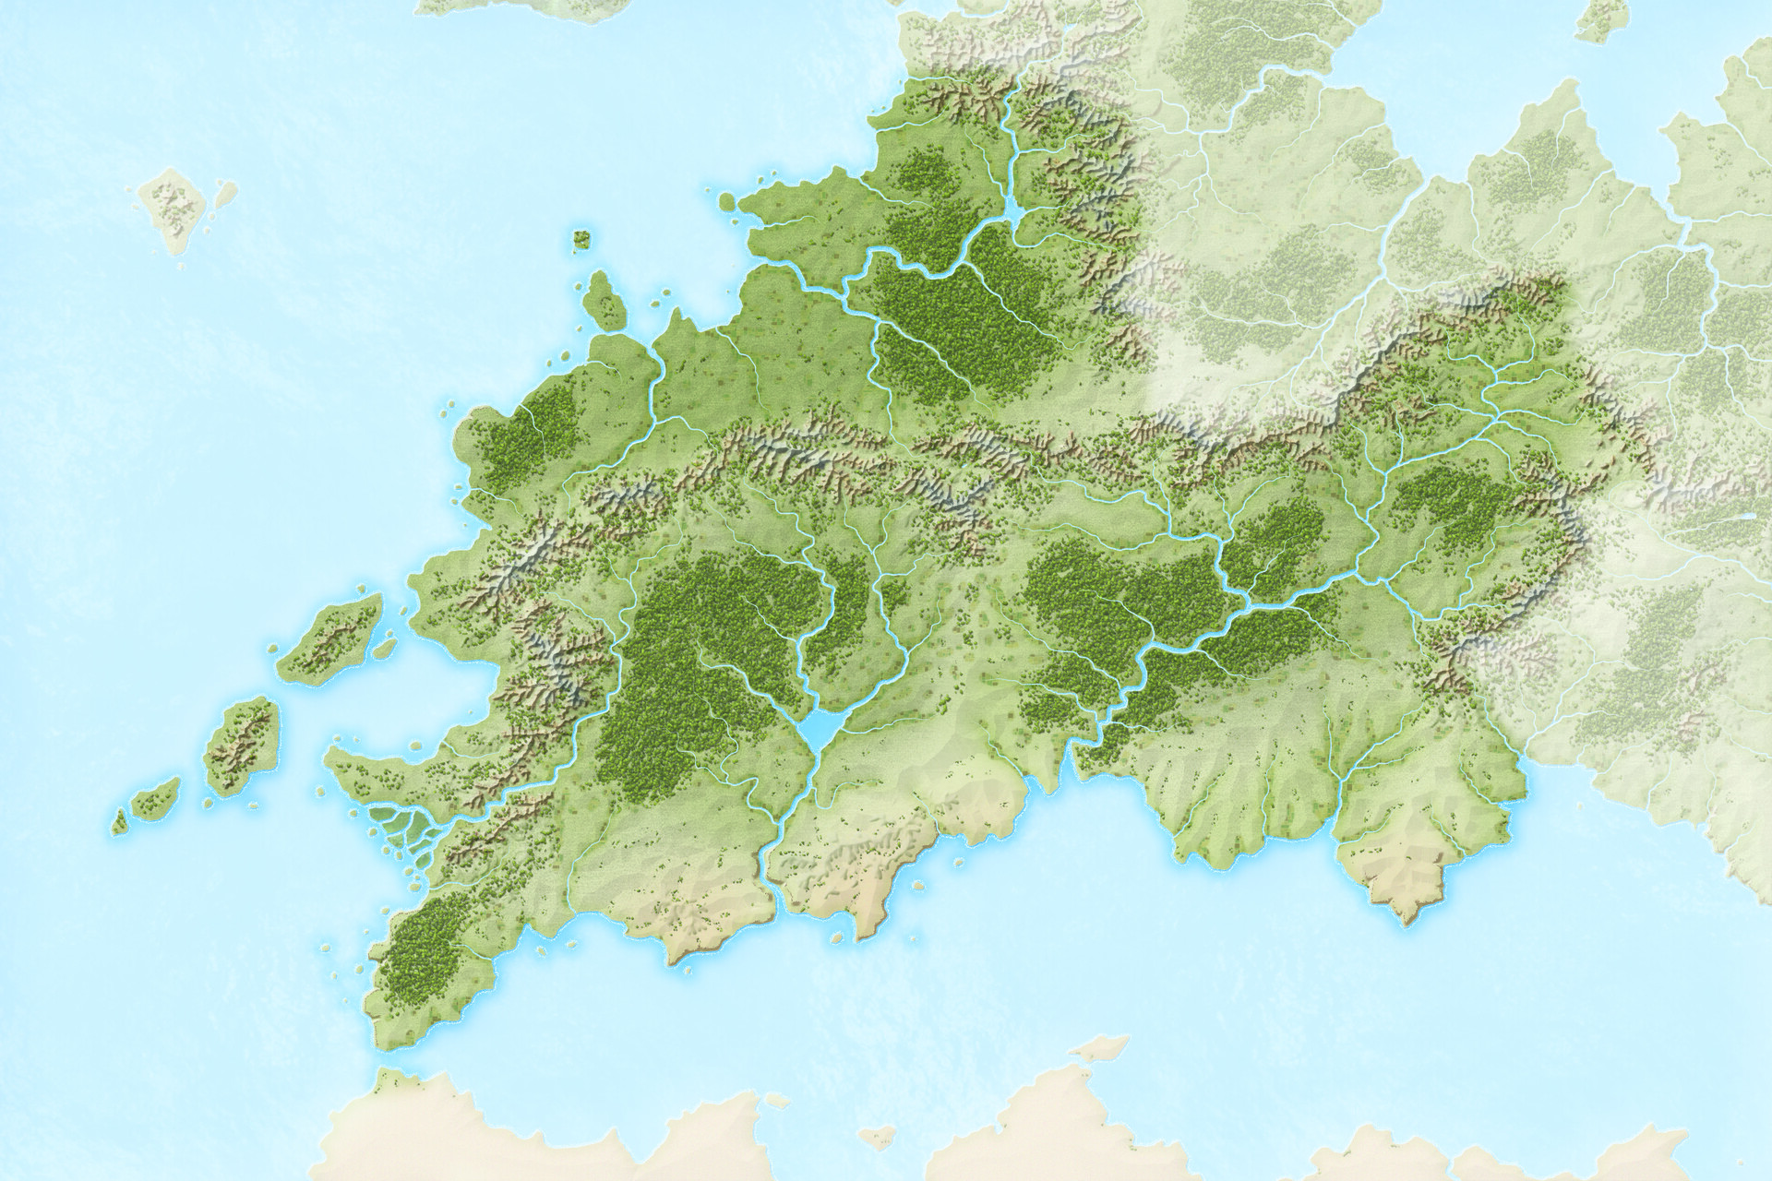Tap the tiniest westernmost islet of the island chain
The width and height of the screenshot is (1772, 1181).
[119, 819]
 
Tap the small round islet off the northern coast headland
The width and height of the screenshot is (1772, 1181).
[727, 200]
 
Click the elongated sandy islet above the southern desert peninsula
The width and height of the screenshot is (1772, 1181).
[1098, 1046]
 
